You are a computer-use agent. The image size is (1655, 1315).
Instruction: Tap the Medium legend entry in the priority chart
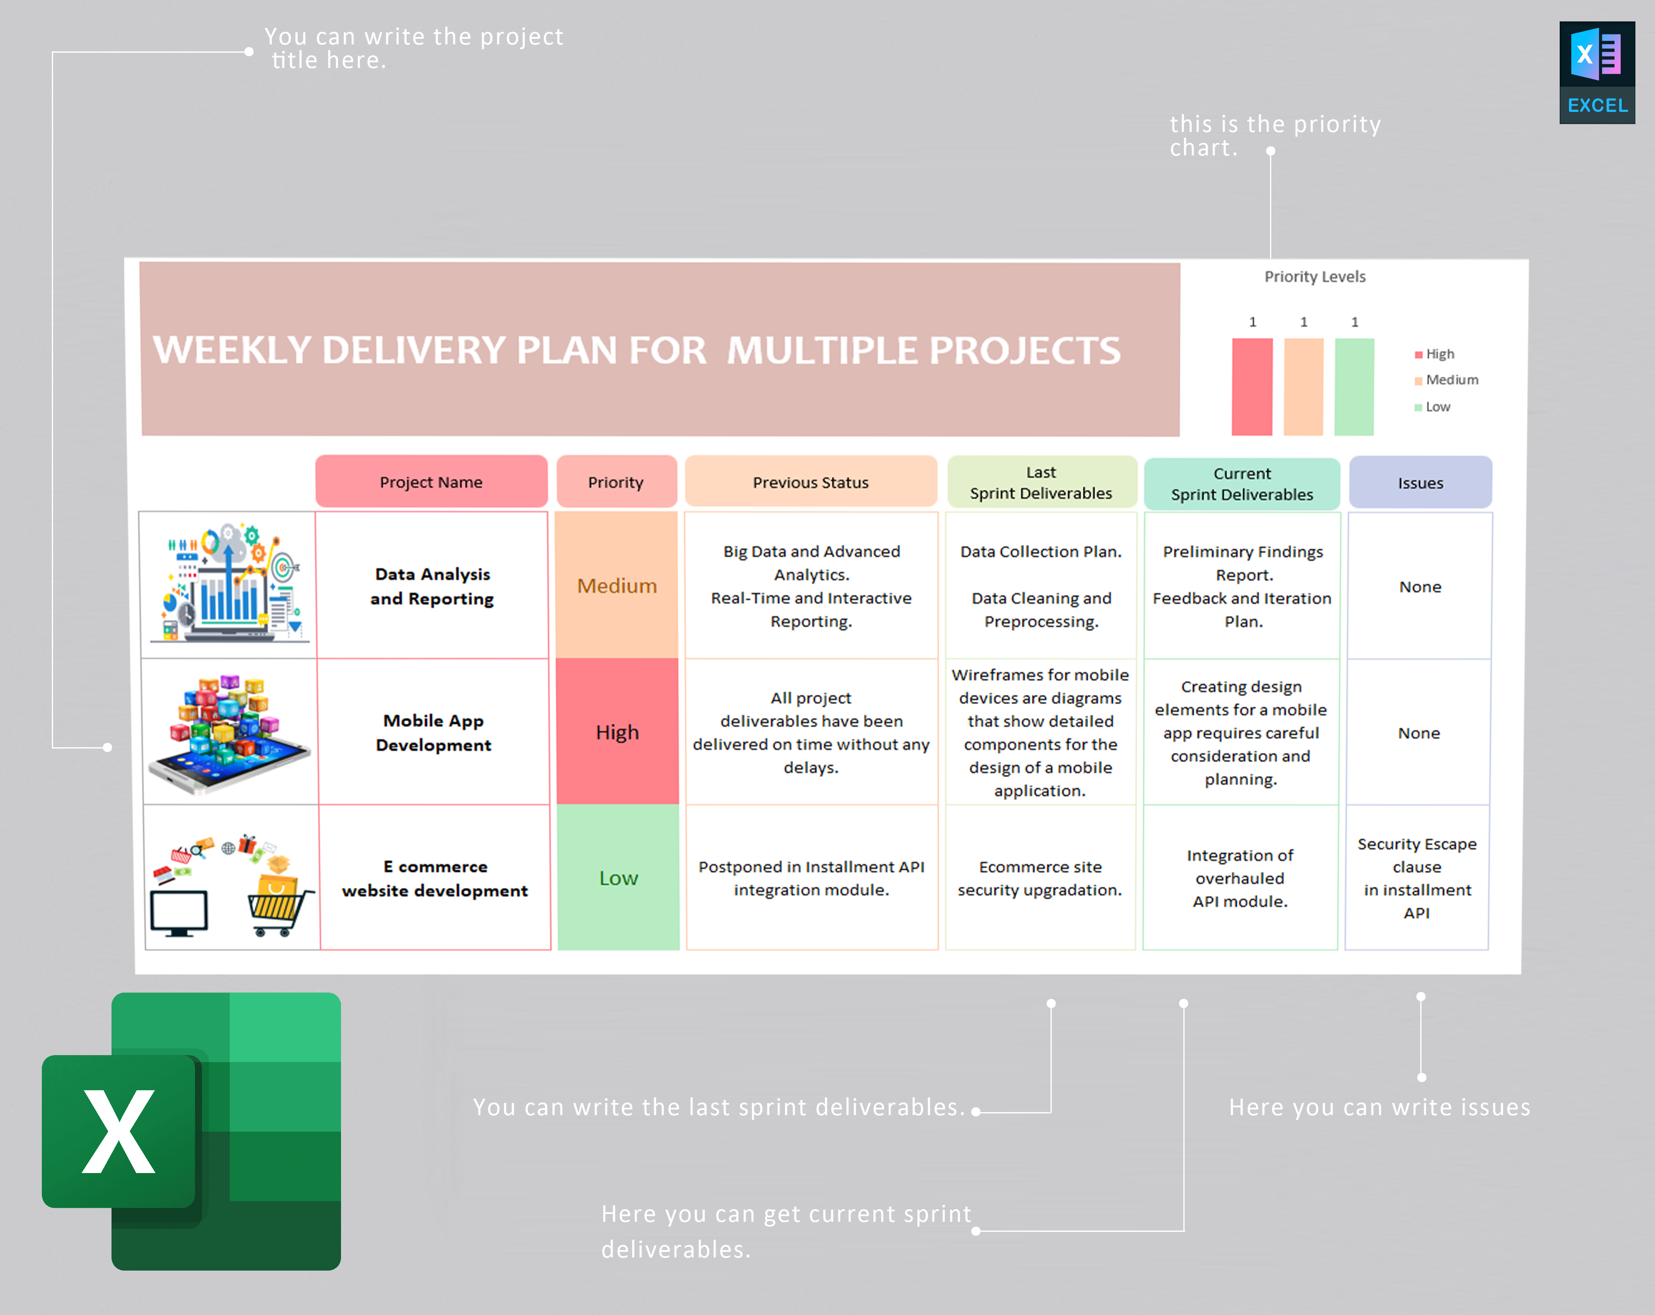tap(1451, 380)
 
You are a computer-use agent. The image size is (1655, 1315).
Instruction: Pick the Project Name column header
tap(432, 482)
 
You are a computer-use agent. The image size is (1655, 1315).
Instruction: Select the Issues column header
tap(1420, 483)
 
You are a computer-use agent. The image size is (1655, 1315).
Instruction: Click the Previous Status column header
tap(811, 482)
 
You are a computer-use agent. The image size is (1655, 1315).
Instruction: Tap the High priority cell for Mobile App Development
tap(617, 732)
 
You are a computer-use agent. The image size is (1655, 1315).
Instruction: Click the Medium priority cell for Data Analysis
tap(617, 586)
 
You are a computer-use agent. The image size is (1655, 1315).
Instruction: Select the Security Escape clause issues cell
tap(1417, 878)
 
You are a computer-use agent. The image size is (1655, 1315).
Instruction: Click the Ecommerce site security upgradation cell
tap(1040, 878)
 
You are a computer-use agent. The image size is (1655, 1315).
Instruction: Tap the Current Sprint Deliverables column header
tap(1242, 484)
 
